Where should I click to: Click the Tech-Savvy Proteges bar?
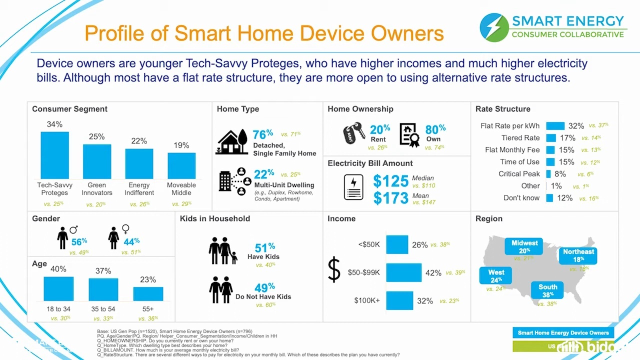point(54,155)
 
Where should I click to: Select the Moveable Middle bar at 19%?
point(181,165)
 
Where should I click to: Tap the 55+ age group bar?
point(148,293)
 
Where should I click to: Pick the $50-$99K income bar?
point(403,272)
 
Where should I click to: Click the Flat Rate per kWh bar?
point(555,126)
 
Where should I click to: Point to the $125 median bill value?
point(390,181)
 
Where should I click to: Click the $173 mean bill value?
point(390,198)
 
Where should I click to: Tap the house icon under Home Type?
point(232,142)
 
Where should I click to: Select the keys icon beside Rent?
point(354,133)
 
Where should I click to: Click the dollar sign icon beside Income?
point(333,270)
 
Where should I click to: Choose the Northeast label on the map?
point(578,255)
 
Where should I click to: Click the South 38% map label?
point(547,290)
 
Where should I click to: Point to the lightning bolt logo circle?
point(494,27)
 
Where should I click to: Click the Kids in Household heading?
point(214,218)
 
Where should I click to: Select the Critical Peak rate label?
point(519,174)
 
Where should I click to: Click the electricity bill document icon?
point(353,187)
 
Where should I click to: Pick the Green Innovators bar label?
point(96,188)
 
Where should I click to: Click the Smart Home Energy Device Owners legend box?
point(563,332)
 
